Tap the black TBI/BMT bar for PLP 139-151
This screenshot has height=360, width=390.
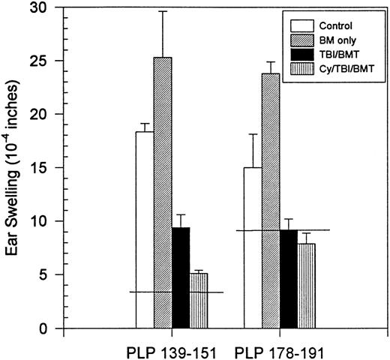coord(181,277)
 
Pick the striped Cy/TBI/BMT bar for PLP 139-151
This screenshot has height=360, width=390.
coord(198,301)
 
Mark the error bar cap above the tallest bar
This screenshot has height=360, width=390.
coord(163,11)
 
